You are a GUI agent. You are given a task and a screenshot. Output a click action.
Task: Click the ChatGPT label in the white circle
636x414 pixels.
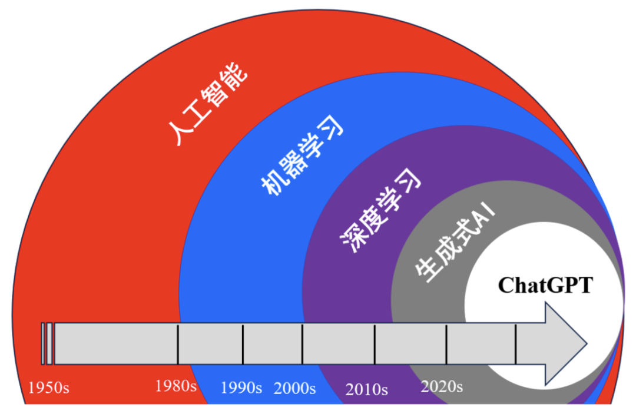point(545,285)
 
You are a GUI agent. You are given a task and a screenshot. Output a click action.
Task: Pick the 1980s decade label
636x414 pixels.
point(176,386)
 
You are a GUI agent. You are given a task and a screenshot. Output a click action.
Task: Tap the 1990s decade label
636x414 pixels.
point(241,387)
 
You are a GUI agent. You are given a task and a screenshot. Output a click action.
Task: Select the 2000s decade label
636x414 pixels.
point(294,388)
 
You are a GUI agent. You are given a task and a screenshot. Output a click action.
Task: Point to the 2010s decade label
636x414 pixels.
point(366,389)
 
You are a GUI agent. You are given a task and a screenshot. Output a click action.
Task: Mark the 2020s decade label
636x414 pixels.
point(442,386)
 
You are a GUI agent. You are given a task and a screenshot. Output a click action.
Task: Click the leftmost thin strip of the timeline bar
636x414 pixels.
point(43,343)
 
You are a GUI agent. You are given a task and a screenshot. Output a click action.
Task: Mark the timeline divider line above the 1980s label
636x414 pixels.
point(178,343)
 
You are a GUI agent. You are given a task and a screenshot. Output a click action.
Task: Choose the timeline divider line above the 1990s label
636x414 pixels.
point(243,343)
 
